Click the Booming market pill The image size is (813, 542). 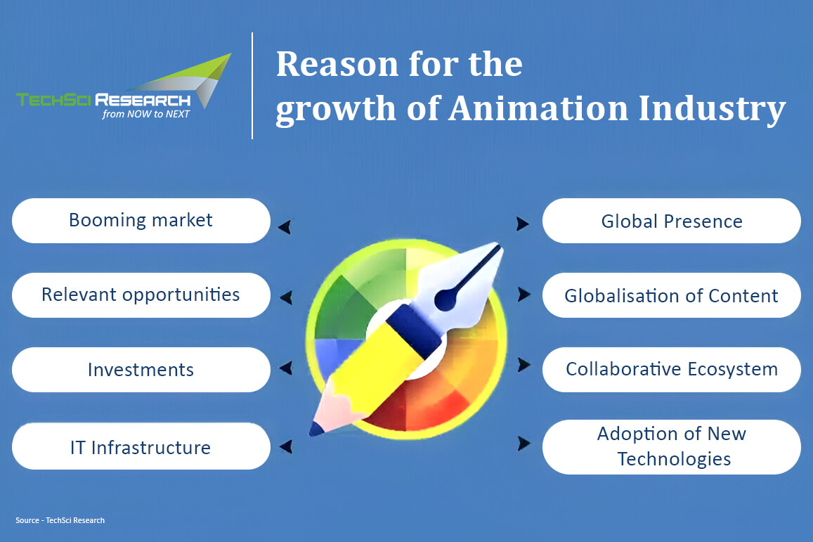pos(141,221)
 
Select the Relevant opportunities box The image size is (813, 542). pos(141,295)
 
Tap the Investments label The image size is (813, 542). pos(141,370)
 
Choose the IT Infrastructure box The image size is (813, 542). pos(141,446)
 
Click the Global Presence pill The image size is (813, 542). pos(672,221)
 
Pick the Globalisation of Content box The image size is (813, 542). pos(672,295)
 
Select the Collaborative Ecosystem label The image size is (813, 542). pos(672,370)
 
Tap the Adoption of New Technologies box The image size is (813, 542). pos(672,446)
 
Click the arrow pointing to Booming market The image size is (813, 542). pos(285,226)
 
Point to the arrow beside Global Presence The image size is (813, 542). pos(523,224)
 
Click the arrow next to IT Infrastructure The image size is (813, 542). pos(286,446)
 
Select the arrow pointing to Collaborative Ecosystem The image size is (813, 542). pos(524,365)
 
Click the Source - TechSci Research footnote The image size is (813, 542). pos(60,520)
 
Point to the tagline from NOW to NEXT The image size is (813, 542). pos(145,114)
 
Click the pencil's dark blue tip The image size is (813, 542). pos(316,429)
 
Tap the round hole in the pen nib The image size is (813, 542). pos(444,299)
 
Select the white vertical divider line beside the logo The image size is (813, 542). pos(252,86)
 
